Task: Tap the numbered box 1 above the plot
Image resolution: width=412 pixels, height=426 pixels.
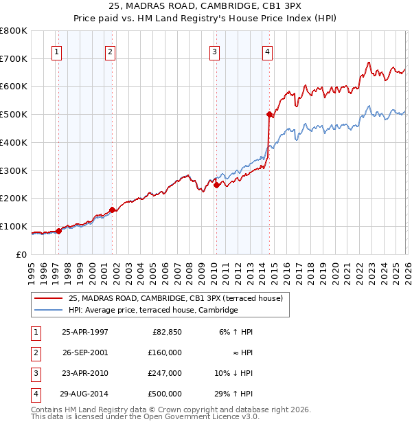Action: point(56,51)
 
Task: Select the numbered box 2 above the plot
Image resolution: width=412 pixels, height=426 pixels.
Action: point(110,51)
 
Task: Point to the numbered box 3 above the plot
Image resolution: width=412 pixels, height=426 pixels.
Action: point(214,51)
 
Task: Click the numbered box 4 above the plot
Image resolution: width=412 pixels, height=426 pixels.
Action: point(266,51)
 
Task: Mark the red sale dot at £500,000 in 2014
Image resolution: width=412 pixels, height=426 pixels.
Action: point(269,115)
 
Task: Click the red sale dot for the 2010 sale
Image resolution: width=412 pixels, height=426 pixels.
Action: point(216,185)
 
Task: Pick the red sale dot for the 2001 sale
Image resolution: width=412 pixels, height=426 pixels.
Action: point(112,210)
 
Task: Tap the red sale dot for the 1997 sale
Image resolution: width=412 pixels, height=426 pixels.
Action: point(58,231)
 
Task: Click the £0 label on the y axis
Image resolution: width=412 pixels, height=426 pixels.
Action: point(21,254)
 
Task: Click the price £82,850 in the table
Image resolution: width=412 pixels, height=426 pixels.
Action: point(167,331)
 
